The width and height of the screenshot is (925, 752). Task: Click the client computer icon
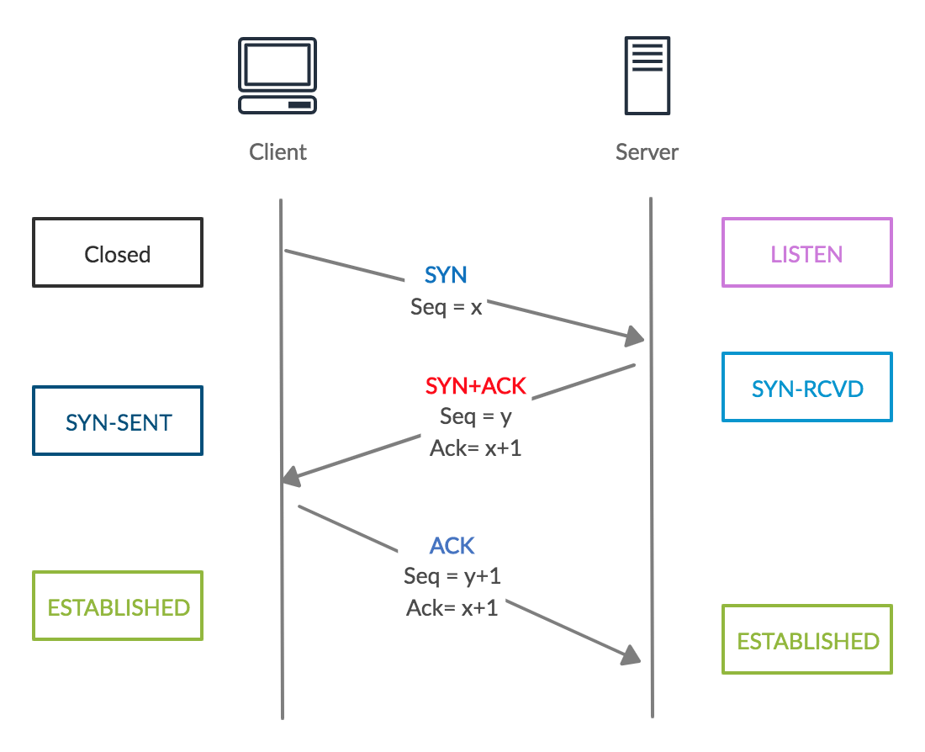click(277, 76)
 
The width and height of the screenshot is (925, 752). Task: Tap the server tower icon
click(647, 75)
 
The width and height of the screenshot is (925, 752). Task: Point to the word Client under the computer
click(278, 152)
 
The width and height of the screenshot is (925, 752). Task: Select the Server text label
click(647, 152)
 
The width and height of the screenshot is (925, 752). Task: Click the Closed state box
click(118, 253)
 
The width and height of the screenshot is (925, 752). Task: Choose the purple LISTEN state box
click(806, 253)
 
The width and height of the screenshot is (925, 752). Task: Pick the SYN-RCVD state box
click(806, 388)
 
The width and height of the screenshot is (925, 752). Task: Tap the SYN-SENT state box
click(118, 421)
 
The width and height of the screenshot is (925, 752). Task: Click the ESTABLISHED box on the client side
click(118, 606)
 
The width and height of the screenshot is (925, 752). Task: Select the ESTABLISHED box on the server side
click(806, 640)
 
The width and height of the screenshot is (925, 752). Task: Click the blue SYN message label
click(446, 275)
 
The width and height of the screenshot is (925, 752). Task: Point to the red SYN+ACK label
click(476, 386)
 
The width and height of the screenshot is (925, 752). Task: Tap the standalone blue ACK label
click(452, 546)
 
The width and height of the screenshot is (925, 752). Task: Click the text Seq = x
click(447, 307)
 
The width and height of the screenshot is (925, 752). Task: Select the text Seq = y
click(476, 416)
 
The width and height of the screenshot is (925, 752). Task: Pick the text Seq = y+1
click(452, 576)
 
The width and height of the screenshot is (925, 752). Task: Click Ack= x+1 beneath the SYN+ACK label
click(476, 447)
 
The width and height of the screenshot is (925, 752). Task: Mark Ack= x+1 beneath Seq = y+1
click(452, 607)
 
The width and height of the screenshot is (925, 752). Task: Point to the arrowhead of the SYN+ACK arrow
click(291, 477)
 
